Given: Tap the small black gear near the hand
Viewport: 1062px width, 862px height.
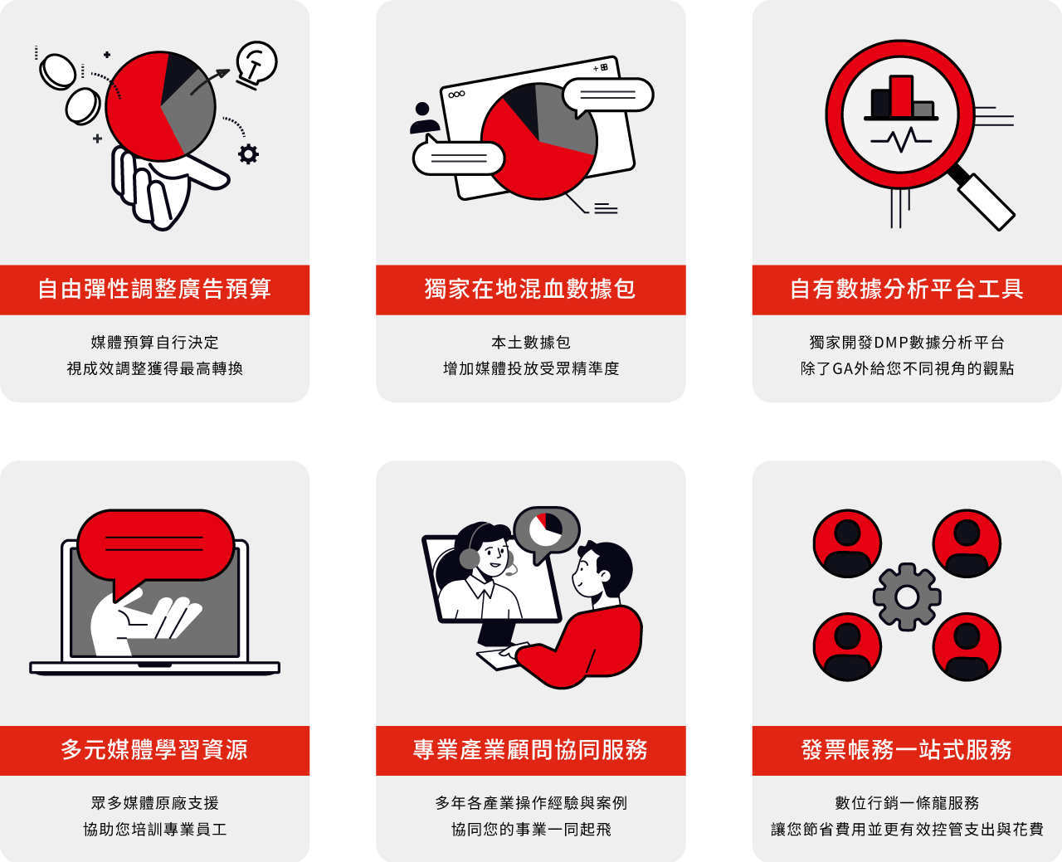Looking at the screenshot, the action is click(x=248, y=154).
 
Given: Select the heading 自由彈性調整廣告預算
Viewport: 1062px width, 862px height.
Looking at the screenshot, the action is click(x=154, y=290).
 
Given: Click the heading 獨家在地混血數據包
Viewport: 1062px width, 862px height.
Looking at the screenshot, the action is click(x=530, y=290).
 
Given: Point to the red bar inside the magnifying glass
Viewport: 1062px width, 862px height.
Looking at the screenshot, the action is click(x=901, y=96).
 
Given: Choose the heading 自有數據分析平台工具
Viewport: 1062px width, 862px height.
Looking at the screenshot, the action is click(x=907, y=290).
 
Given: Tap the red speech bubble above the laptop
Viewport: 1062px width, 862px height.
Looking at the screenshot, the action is click(x=155, y=546).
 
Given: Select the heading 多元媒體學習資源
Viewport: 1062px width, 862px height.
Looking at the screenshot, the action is click(x=154, y=750).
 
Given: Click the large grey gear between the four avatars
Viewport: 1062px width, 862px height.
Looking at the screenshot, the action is click(x=907, y=597).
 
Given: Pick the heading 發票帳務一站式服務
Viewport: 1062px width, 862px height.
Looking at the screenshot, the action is click(x=907, y=750).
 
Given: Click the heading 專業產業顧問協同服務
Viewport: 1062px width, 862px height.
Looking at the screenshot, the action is click(x=530, y=750).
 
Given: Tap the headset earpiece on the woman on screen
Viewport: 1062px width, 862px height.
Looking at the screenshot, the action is click(x=469, y=558).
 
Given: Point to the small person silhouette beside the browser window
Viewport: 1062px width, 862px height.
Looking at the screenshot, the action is click(x=424, y=118).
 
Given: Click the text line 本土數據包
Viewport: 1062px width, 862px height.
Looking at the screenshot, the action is click(x=531, y=343).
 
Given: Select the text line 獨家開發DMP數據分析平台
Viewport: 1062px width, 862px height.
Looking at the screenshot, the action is click(x=907, y=343).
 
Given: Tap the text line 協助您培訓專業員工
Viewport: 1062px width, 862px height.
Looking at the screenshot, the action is click(x=154, y=829).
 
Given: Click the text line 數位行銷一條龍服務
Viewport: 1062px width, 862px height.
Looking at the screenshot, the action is click(x=907, y=803).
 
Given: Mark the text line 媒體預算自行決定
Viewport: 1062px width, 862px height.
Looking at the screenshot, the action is click(x=154, y=343).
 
